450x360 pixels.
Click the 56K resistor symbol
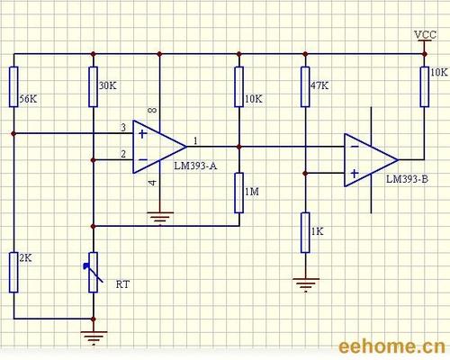13,86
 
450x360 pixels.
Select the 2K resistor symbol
13,272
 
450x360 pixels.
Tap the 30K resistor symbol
93,86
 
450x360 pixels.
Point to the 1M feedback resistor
239,192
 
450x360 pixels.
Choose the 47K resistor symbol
305,86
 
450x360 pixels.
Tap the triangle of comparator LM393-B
369,158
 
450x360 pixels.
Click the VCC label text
425,35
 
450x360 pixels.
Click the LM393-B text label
407,179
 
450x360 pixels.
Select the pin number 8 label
149,111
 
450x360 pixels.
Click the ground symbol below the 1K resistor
305,283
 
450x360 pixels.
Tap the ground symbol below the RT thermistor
93,337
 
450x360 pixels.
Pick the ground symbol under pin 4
159,216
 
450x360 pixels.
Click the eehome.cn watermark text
390,347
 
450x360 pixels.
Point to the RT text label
122,283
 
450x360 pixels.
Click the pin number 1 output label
196,139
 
